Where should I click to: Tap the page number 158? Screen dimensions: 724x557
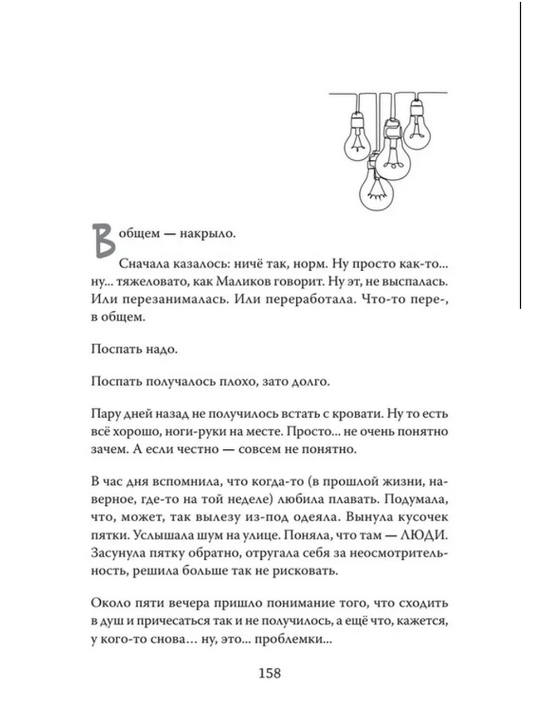pyautogui.click(x=270, y=673)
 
